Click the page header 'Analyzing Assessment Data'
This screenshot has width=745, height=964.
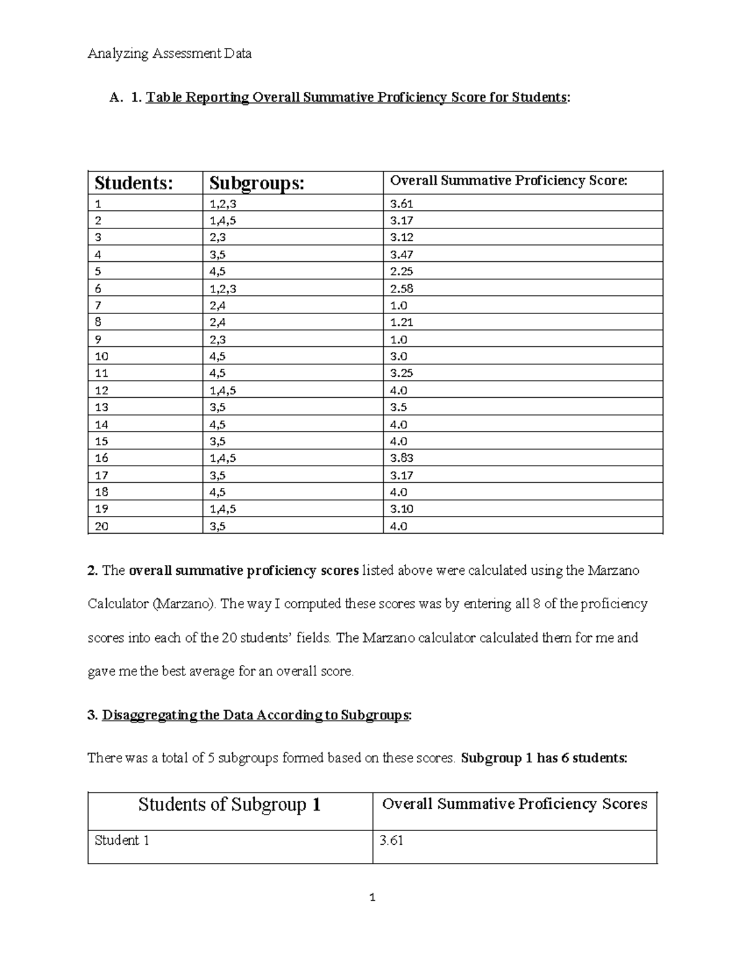[169, 53]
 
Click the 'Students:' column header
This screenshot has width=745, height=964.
[133, 183]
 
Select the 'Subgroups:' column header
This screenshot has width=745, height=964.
[256, 183]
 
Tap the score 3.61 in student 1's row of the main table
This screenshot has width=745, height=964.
[402, 204]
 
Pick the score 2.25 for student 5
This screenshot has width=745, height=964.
[402, 271]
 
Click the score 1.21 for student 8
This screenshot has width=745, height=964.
[402, 322]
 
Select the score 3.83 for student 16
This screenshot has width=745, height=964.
[402, 458]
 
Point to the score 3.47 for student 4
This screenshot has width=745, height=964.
[402, 255]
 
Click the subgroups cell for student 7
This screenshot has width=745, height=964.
[217, 305]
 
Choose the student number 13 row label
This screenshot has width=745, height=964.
[102, 407]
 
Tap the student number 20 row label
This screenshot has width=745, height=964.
[102, 526]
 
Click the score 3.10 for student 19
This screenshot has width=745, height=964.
[402, 509]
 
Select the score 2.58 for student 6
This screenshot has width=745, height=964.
[402, 289]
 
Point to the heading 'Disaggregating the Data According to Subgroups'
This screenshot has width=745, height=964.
[255, 715]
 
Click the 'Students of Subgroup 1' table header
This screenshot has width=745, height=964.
[229, 805]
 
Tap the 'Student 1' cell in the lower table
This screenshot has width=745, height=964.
[122, 840]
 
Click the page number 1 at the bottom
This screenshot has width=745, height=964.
[372, 898]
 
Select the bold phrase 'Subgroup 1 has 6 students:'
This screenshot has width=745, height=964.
[544, 758]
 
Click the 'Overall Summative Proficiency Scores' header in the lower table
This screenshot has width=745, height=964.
[514, 804]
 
